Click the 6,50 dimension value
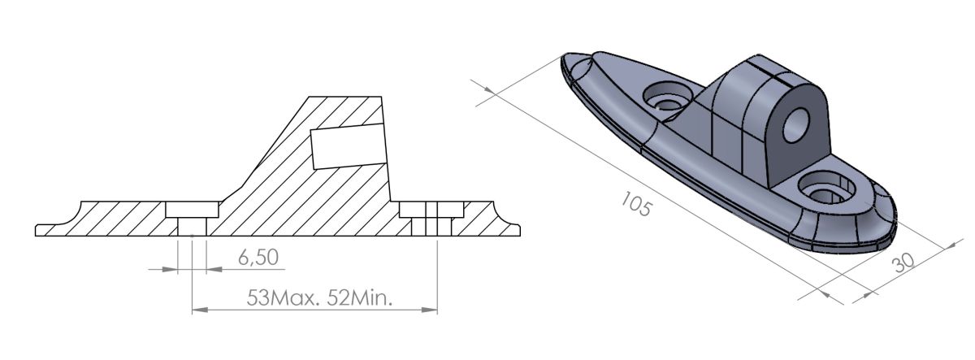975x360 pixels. pyautogui.click(x=258, y=258)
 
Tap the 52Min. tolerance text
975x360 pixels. pyautogui.click(x=362, y=297)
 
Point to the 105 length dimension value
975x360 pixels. pyautogui.click(x=634, y=203)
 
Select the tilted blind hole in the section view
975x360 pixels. pyautogui.click(x=346, y=145)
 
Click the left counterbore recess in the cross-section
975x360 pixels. pyautogui.click(x=193, y=210)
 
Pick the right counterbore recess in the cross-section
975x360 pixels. pyautogui.click(x=431, y=210)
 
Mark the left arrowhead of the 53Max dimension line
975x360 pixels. pyautogui.click(x=196, y=310)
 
